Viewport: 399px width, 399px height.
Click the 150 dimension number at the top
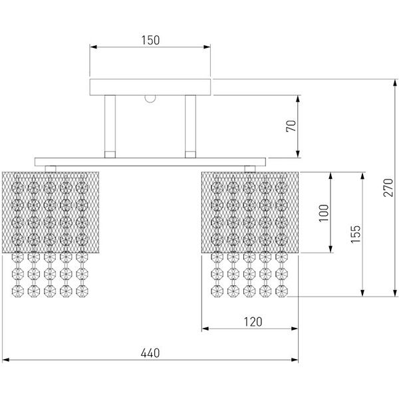point(150,40)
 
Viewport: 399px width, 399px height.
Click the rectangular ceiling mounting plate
point(150,86)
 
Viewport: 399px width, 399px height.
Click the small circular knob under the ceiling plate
point(151,99)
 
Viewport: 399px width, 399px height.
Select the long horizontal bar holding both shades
point(150,162)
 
